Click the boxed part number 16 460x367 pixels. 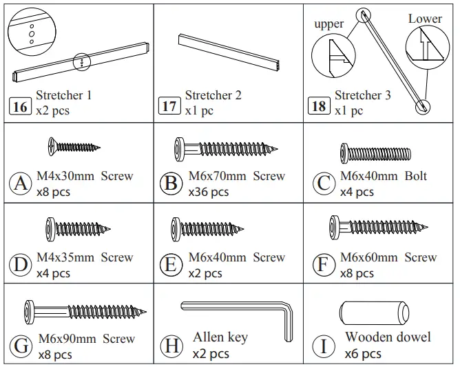click(21, 106)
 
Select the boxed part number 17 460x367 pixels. click(169, 106)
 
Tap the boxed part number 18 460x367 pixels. click(320, 106)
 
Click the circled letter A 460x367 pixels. click(20, 183)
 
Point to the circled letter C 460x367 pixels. click(322, 183)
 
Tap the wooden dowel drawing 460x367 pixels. click(375, 315)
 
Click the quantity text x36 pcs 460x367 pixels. click(208, 192)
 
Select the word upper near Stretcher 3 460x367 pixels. click(328, 24)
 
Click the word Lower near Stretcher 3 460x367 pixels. click(425, 19)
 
